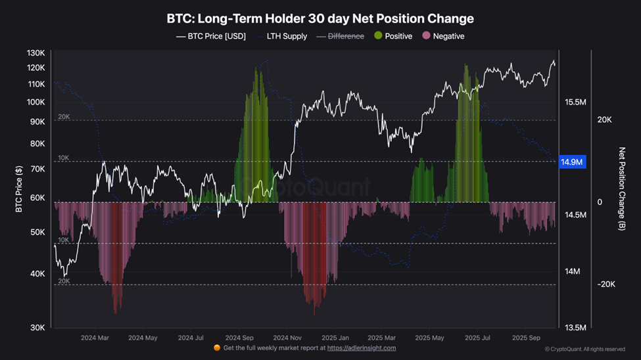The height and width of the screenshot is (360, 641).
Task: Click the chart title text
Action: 320,19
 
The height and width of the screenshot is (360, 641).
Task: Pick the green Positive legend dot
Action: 378,36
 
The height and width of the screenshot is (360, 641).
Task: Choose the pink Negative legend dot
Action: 426,36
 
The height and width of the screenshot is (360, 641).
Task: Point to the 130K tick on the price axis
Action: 36,53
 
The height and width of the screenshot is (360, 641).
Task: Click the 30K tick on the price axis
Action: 37,327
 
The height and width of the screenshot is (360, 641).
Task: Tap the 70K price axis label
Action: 37,169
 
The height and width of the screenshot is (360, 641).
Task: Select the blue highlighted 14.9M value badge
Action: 572,162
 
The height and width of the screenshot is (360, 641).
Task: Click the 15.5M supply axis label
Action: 575,102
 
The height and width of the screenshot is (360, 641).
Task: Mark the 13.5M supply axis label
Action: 575,327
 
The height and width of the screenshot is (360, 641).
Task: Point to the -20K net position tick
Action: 604,284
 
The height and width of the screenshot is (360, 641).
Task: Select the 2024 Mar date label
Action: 95,338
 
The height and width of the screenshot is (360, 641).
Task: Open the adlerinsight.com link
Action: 362,348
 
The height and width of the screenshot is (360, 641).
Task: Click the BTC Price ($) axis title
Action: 19,188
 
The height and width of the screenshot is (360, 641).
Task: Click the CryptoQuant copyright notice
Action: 584,349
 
